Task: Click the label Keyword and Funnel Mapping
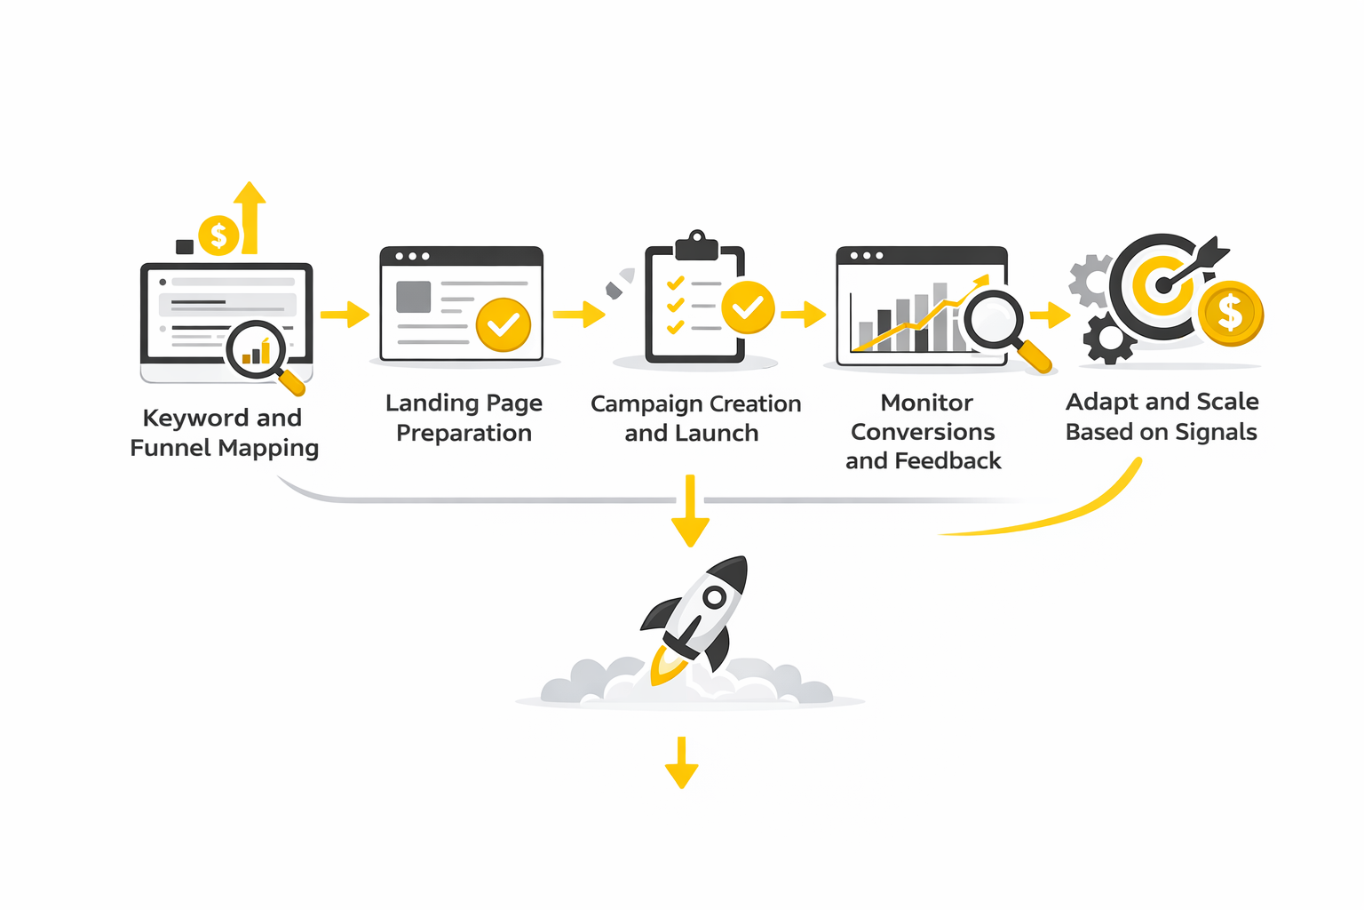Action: click(224, 433)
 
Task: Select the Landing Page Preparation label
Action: click(464, 418)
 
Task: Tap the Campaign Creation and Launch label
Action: click(695, 418)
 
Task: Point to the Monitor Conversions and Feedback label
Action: click(924, 431)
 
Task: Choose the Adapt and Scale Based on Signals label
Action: click(1162, 416)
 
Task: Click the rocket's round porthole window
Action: click(714, 598)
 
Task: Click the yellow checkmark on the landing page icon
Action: click(503, 324)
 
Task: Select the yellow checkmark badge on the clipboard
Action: click(748, 307)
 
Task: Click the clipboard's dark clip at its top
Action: click(696, 245)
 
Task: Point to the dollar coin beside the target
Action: click(1230, 313)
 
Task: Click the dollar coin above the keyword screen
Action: click(218, 236)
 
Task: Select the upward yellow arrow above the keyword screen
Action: click(250, 218)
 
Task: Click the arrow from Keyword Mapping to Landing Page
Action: click(345, 314)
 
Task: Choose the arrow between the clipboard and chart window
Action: click(803, 314)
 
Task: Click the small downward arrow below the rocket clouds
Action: click(681, 763)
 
